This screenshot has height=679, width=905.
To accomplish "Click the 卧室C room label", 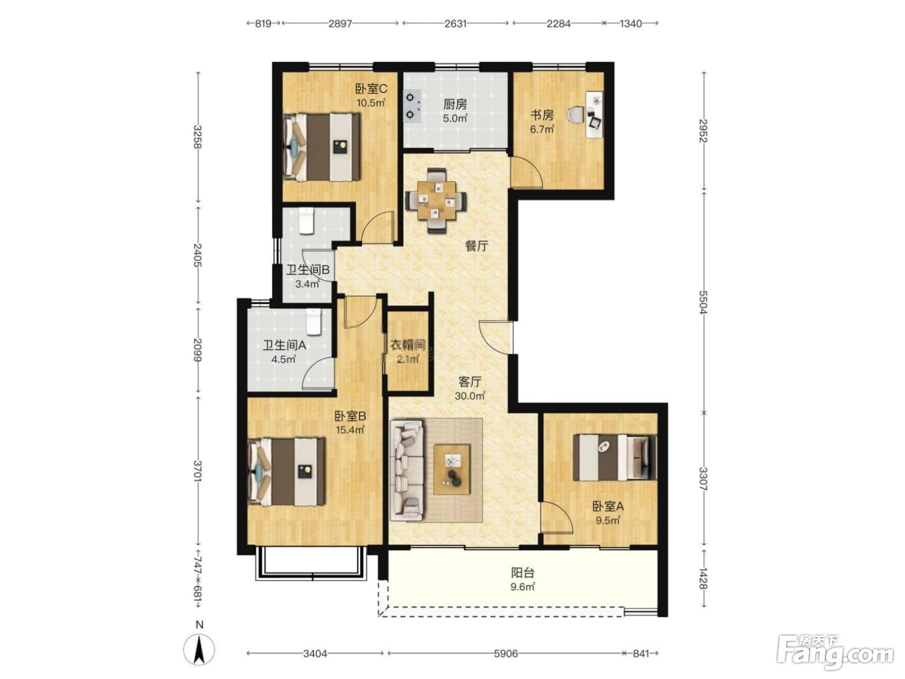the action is click(x=371, y=89).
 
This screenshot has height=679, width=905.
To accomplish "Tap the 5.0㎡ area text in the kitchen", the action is click(x=455, y=119).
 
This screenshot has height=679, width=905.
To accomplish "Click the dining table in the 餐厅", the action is click(x=436, y=200).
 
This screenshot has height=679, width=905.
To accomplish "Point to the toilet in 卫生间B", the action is click(x=306, y=221).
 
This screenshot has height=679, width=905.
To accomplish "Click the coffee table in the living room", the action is click(x=452, y=469).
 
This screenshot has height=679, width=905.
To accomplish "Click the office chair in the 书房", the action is click(x=577, y=114).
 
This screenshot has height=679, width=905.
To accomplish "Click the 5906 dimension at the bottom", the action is click(x=506, y=653).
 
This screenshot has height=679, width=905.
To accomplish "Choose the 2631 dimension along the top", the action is click(x=455, y=23).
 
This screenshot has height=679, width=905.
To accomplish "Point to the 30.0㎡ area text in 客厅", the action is click(x=469, y=396).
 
